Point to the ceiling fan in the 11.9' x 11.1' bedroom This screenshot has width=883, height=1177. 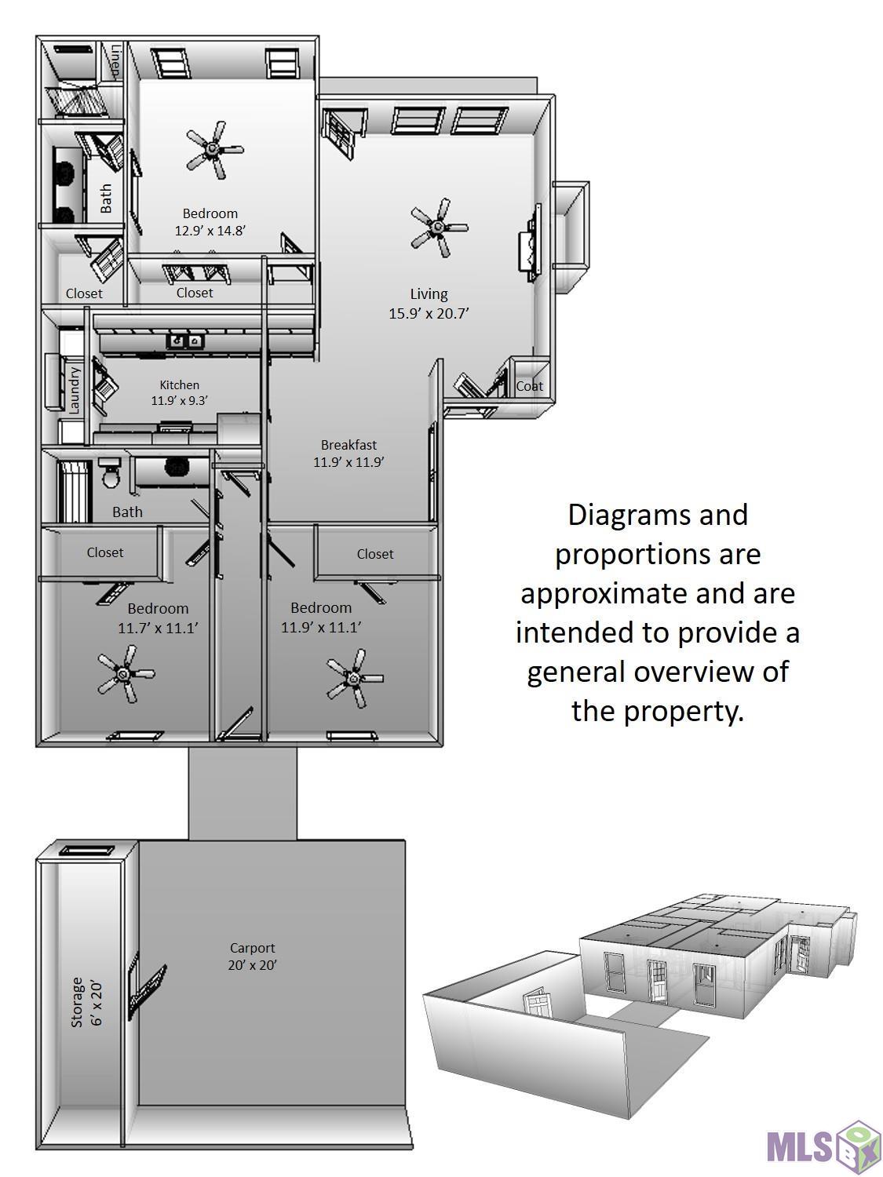pos(355,677)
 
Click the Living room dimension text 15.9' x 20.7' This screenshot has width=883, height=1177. pos(429,313)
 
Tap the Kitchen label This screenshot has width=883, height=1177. pos(179,384)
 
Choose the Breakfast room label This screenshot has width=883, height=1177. pos(348,445)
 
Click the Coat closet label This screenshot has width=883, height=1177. pos(529,386)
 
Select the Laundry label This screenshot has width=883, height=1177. pos(75,390)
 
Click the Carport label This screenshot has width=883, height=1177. pos(252,948)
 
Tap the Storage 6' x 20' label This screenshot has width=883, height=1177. pos(86,1002)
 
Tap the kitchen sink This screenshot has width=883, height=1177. pos(185,341)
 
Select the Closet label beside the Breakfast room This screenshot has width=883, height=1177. pos(374,554)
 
